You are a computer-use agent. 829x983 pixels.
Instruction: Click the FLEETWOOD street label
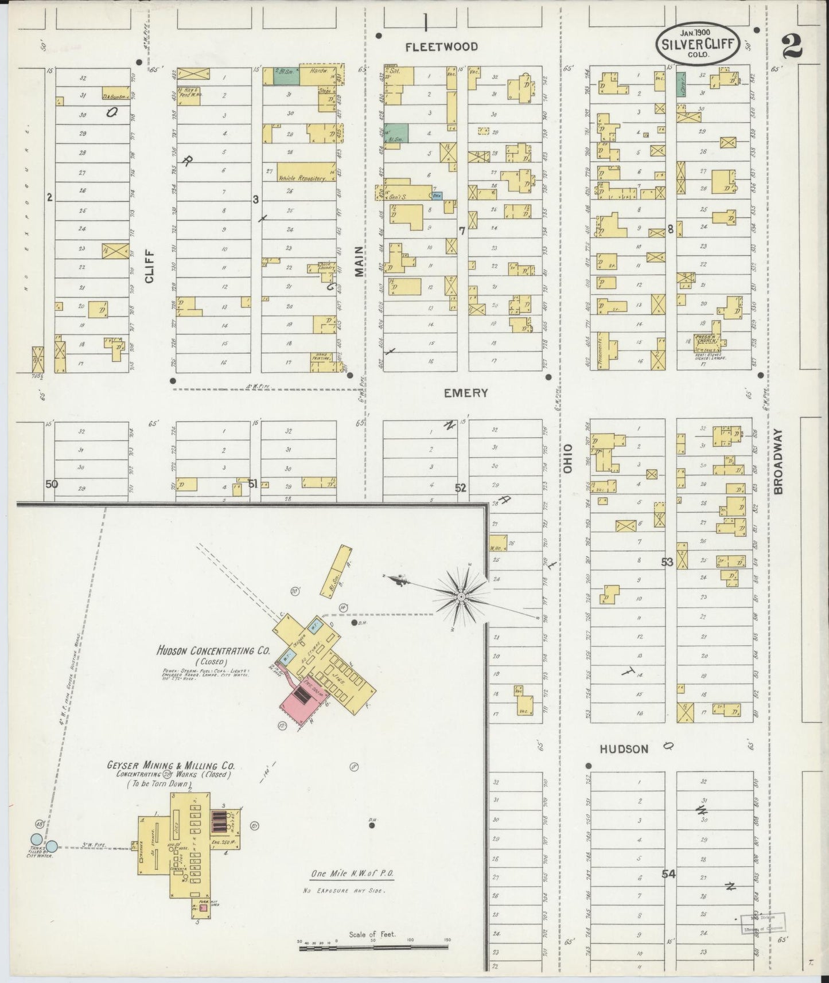[441, 47]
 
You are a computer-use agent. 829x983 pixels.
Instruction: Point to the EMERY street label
[465, 393]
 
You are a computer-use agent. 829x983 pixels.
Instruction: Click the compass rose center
[461, 597]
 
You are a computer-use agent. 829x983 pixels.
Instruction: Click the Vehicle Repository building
[306, 171]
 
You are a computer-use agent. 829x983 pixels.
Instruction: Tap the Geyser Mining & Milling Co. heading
[170, 766]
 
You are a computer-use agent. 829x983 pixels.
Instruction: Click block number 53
[666, 562]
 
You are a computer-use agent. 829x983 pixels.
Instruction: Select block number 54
[668, 874]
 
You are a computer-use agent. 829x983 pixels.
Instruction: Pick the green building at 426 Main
[396, 131]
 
